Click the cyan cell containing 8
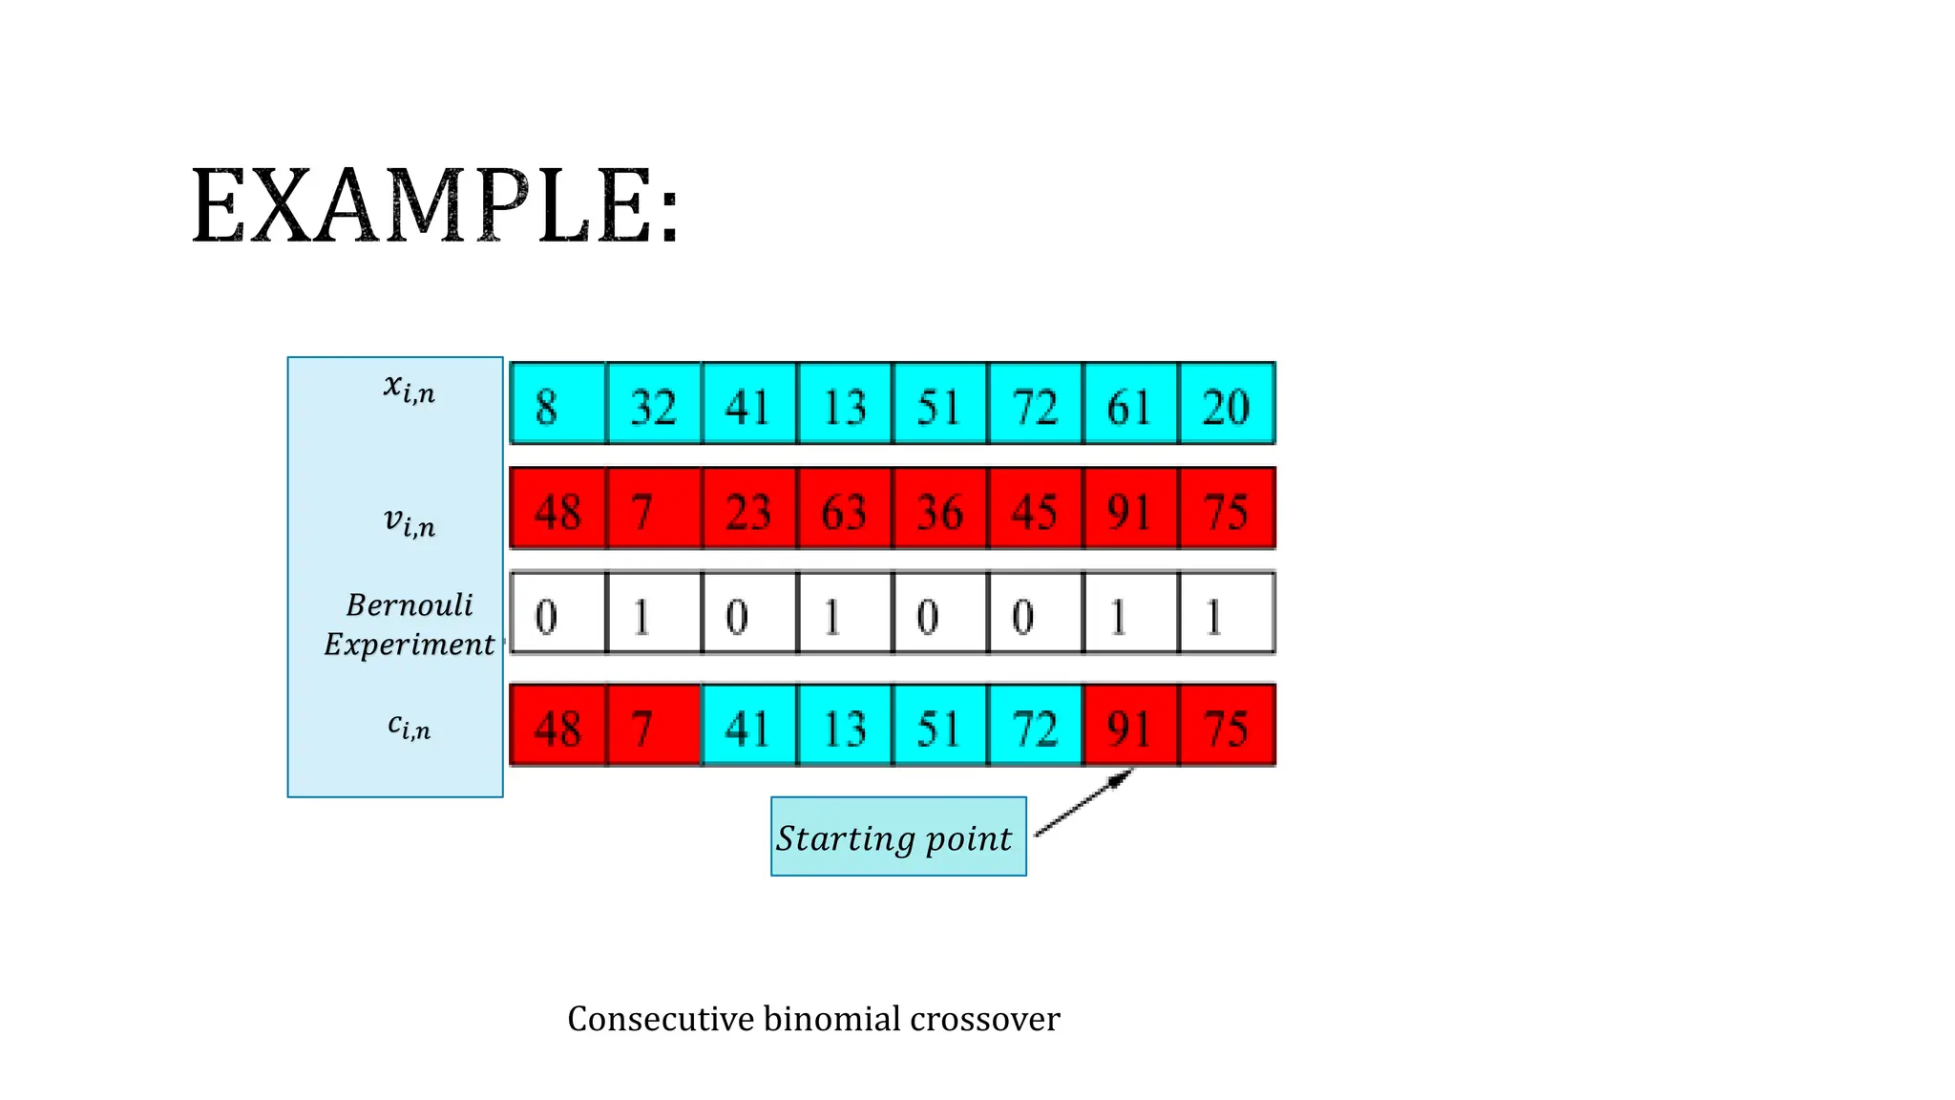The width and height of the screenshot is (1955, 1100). (x=557, y=404)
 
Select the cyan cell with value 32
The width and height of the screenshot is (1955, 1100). (x=654, y=404)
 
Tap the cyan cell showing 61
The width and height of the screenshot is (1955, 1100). (x=1131, y=404)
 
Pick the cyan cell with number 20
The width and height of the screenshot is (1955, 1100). (x=1228, y=404)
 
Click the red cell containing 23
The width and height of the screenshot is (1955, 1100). (x=749, y=509)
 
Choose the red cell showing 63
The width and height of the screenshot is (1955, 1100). (x=845, y=509)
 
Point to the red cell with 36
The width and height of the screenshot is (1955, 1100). (x=940, y=509)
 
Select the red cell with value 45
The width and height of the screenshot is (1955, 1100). (x=1036, y=509)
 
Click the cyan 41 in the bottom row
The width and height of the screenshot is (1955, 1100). (x=749, y=726)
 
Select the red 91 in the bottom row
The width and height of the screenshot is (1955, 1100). (x=1131, y=726)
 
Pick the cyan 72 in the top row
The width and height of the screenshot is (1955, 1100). (x=1036, y=404)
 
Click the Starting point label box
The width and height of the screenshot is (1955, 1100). (x=898, y=836)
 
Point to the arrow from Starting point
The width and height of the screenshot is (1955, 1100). (x=1083, y=804)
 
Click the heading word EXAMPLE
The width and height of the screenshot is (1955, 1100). (x=435, y=207)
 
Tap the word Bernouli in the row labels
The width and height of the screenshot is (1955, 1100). (x=410, y=604)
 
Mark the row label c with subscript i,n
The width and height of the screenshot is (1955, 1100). (x=409, y=726)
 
